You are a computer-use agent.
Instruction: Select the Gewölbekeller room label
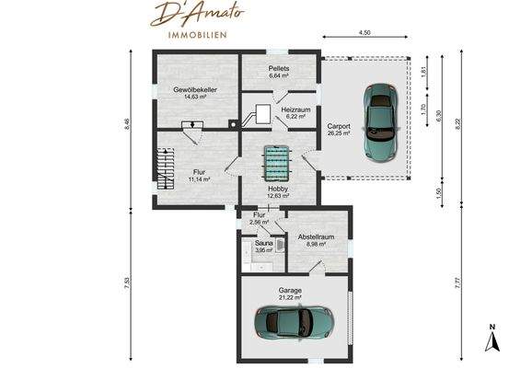(x=194, y=89)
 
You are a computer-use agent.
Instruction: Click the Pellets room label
(x=279, y=69)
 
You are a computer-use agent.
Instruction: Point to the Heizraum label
(x=295, y=109)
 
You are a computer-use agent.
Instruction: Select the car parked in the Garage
(x=295, y=321)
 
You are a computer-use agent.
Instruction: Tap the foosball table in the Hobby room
(x=277, y=164)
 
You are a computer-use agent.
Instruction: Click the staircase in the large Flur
(x=167, y=170)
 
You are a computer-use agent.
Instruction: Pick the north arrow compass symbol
(x=492, y=339)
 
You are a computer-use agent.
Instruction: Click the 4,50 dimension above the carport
(x=365, y=33)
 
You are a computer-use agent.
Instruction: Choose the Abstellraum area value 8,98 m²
(x=315, y=244)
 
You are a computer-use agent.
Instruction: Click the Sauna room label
(x=263, y=243)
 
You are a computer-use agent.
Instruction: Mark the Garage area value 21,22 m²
(x=291, y=297)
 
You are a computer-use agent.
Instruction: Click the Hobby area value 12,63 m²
(x=278, y=195)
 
